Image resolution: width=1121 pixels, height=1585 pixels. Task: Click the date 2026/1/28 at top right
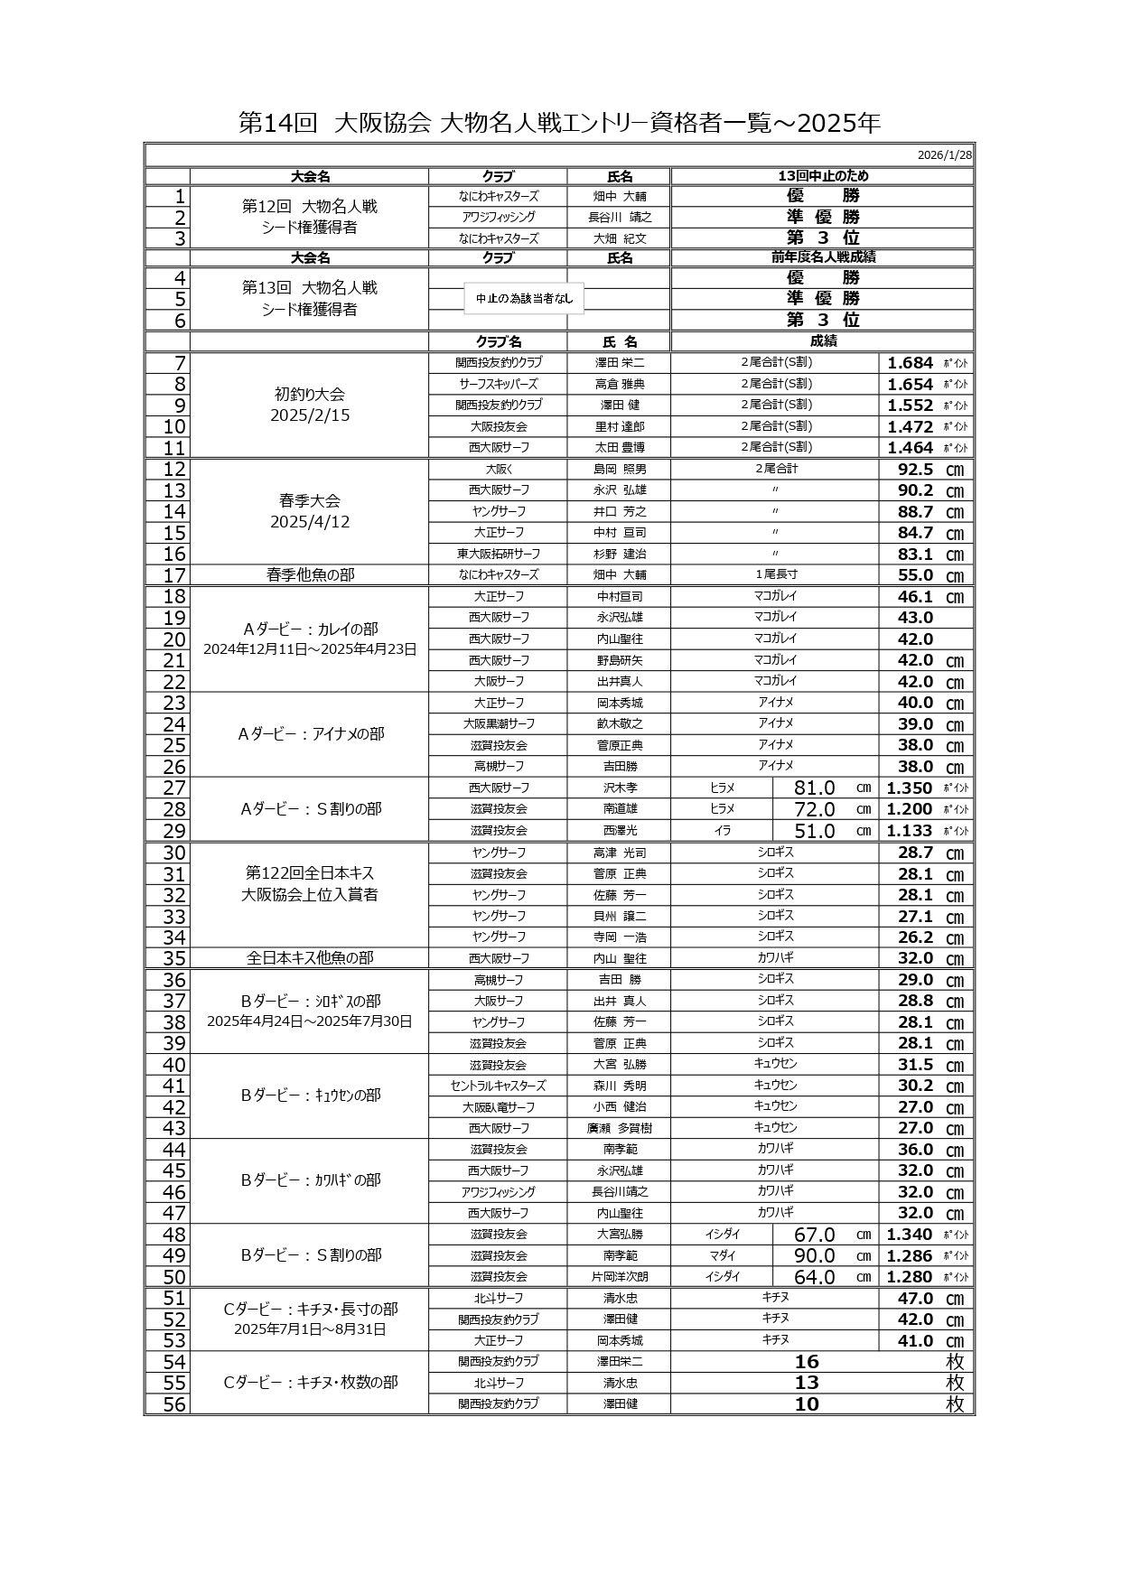944,155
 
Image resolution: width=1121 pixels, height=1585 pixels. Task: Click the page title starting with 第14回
559,123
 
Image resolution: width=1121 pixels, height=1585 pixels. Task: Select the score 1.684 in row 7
910,363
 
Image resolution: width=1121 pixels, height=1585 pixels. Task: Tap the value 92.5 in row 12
915,470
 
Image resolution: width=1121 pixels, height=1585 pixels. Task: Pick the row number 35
174,959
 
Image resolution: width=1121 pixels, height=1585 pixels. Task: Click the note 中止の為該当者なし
524,299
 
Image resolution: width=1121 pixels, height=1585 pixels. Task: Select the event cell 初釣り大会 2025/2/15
310,406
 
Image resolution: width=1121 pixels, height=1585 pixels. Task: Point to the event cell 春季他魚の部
310,575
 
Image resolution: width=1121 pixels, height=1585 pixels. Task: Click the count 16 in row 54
807,1362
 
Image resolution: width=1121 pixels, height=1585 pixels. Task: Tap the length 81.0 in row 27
814,788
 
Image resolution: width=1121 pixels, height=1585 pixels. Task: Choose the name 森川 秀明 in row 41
620,1086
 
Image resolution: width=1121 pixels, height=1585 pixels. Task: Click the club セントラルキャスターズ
498,1086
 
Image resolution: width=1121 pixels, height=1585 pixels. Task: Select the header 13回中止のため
822,176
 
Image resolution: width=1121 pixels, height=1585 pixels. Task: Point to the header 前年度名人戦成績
822,257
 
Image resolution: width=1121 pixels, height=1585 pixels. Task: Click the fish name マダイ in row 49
722,1256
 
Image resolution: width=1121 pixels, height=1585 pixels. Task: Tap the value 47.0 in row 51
915,1299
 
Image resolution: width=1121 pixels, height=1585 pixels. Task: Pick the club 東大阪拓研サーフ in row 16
498,555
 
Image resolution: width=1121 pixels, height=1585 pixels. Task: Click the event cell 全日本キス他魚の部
310,959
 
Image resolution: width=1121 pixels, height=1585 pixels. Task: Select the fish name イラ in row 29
722,831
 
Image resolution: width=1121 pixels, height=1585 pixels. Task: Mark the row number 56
174,1404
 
